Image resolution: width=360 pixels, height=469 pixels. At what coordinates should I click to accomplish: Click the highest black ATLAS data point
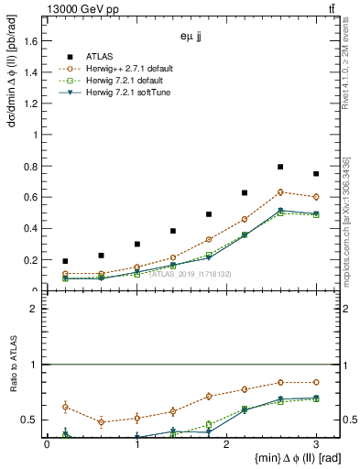click(280, 167)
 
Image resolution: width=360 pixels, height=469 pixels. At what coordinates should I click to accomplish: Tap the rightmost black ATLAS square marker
click(316, 174)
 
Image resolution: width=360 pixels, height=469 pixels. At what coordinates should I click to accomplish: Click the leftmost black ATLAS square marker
click(65, 261)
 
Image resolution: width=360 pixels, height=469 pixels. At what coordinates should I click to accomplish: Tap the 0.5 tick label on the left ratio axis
click(34, 420)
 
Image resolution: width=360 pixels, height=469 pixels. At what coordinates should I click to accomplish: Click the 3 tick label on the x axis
click(316, 444)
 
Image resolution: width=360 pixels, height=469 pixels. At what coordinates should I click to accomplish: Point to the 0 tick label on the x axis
click(47, 444)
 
